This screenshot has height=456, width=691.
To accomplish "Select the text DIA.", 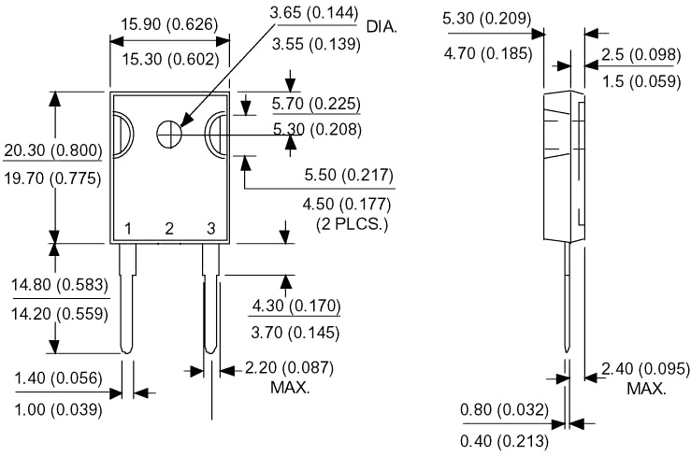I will tap(382, 27).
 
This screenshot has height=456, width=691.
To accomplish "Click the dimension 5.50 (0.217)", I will tap(349, 176).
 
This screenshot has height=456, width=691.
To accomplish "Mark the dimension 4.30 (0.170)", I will tap(296, 306).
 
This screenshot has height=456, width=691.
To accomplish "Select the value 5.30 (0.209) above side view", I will tap(486, 18).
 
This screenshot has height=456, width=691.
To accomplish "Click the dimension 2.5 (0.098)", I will tap(641, 53).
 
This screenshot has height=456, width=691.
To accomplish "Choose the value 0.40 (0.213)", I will tap(503, 441).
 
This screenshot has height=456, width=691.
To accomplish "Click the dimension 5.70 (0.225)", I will tap(316, 103).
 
